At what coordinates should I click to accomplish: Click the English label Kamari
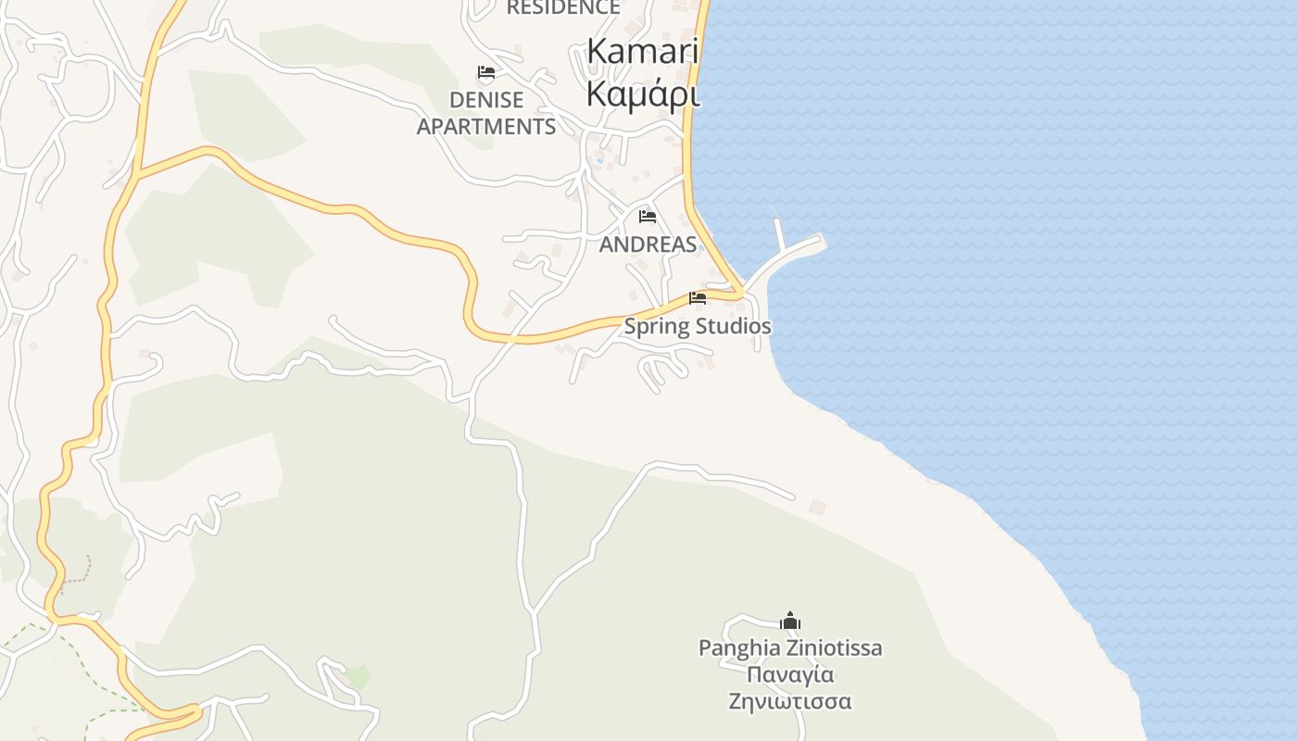coord(643,52)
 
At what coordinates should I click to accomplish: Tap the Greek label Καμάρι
coord(643,93)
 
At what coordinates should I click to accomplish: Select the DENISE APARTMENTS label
coord(486,113)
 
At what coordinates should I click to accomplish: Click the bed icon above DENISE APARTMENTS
coord(485,72)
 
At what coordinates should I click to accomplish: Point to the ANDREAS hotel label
coord(648,245)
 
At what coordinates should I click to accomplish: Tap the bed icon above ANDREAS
coord(648,217)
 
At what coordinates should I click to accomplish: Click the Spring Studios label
coord(698,327)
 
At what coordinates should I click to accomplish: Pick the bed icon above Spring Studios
coord(698,298)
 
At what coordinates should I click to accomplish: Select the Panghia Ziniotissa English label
coord(790,648)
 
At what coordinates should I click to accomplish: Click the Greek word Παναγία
coord(790,674)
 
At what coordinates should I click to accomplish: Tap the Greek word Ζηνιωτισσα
coord(790,701)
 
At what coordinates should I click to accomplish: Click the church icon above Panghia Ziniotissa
coord(790,621)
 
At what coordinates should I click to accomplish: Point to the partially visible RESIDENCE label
coord(563,7)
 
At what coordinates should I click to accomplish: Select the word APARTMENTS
coord(486,127)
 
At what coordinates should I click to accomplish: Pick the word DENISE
coord(486,100)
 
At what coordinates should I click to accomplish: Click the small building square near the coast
coord(817,508)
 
